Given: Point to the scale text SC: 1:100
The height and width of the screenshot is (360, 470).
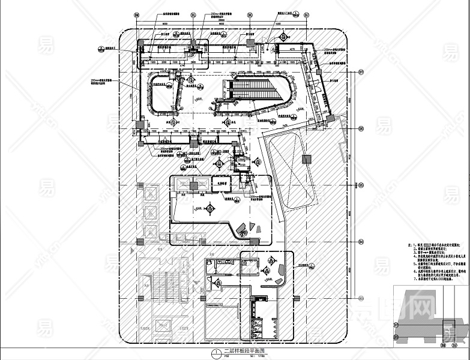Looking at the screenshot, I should (248, 356).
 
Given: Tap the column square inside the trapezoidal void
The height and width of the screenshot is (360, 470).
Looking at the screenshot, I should (307, 159).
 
